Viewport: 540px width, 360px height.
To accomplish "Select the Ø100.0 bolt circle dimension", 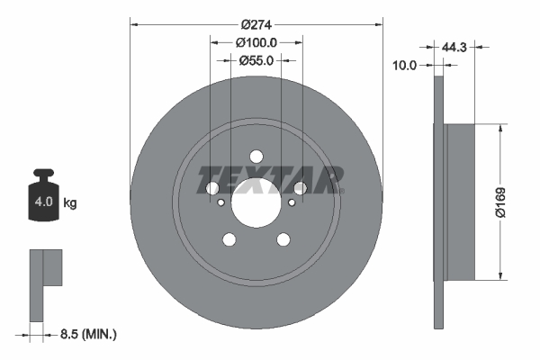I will pos(256,41).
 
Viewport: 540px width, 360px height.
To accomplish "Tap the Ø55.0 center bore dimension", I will pos(256,60).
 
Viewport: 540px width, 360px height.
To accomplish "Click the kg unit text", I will pos(70,203).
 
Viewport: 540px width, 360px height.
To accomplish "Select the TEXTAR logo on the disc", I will pos(271,180).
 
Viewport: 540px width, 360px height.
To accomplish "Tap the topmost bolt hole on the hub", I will pos(256,154).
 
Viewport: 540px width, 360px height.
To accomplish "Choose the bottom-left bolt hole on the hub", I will pos(229,239).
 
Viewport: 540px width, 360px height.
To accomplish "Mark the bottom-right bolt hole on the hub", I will pos(284,239).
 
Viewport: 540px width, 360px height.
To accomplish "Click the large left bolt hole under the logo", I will pos(212,187).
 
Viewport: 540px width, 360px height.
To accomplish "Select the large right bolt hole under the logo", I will pos(301,187).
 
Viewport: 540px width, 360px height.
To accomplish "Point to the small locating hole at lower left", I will pos(222,202).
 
